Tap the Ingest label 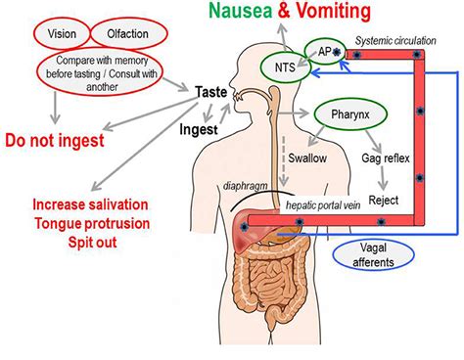click(198, 127)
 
